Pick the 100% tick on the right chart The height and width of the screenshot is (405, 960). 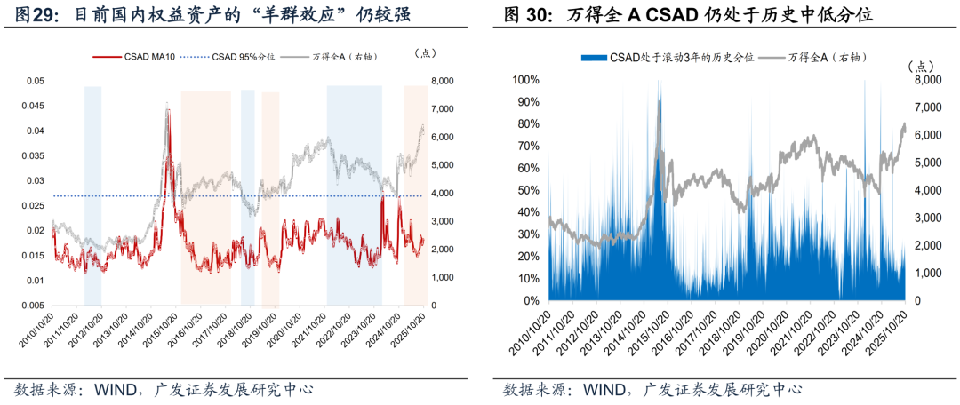point(525,80)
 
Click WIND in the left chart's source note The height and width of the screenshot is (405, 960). point(106,389)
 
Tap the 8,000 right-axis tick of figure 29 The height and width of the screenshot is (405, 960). point(443,81)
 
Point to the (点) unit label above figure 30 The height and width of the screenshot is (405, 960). point(924,65)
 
